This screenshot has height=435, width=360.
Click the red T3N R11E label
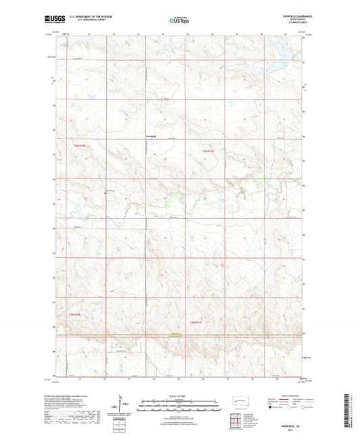(x=207, y=151)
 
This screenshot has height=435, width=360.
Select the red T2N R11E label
(x=196, y=322)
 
